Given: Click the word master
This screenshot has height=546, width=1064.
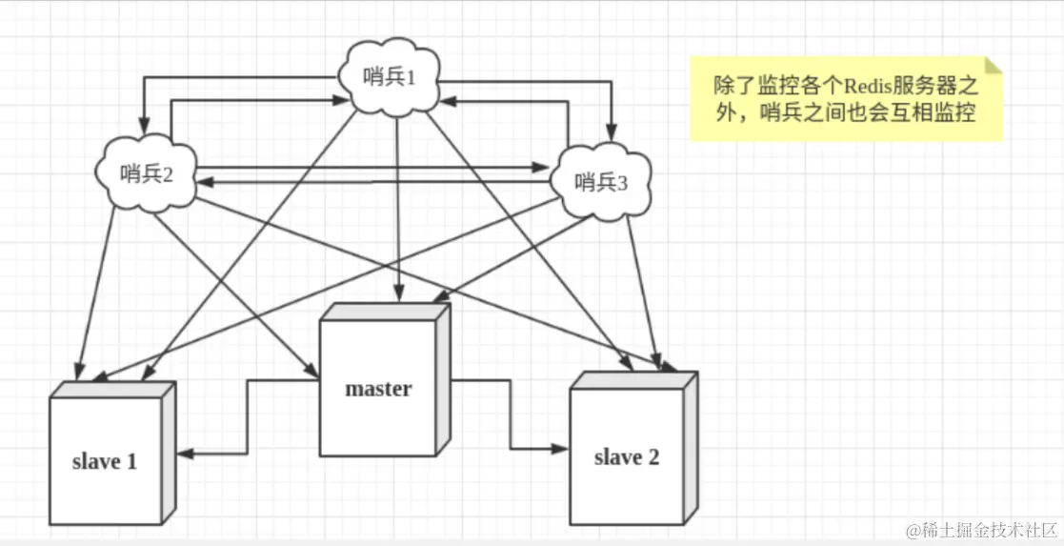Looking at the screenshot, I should (378, 389).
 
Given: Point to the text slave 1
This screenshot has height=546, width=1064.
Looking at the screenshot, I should (105, 461).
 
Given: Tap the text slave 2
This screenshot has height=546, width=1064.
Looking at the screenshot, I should (627, 457).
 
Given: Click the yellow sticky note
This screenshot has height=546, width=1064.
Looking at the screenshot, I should (846, 99).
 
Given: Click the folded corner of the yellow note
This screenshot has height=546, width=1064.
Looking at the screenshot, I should (993, 66).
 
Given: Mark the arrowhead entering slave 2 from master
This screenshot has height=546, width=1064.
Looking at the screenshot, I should (561, 448).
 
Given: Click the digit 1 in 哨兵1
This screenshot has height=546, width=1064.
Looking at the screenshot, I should (412, 77).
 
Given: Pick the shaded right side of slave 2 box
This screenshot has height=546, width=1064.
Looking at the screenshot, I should (691, 448).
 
